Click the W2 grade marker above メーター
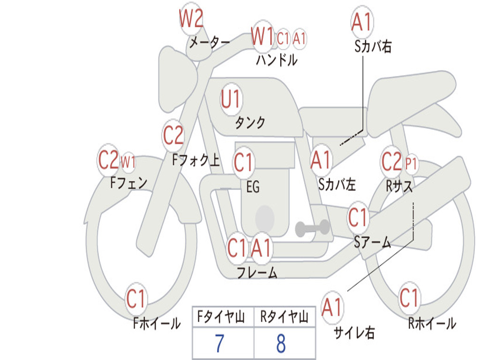[191, 19]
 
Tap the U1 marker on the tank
[231, 99]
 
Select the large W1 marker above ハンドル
[262, 37]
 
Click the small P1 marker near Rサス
[411, 164]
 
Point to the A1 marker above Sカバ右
[362, 22]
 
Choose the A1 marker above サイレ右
[332, 307]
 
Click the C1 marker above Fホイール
[136, 299]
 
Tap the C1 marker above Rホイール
[409, 298]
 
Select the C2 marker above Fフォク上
[173, 135]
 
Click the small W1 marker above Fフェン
[128, 162]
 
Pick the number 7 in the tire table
[219, 343]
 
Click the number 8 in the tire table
[281, 343]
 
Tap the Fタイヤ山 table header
[221, 316]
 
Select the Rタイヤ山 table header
[285, 316]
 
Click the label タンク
[250, 122]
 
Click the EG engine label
[253, 187]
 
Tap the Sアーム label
[373, 242]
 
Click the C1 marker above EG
[244, 162]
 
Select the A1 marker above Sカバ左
[321, 160]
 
